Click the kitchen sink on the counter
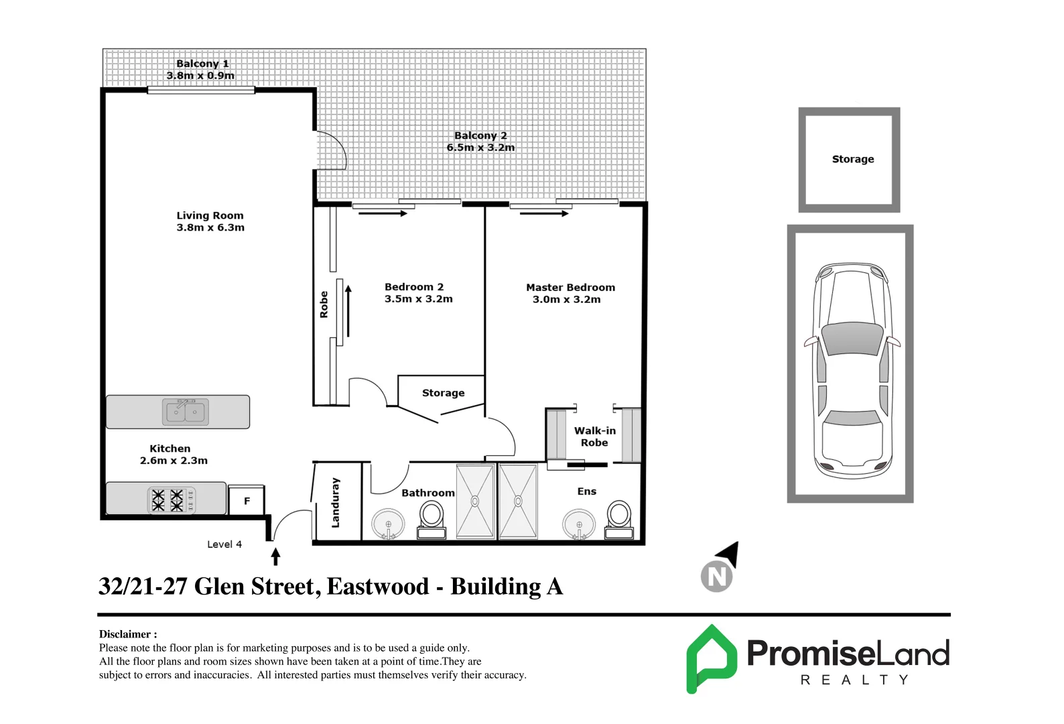186,412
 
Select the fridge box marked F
247,501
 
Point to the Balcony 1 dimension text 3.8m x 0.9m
200,76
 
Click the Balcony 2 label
480,135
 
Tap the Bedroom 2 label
414,287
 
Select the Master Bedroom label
570,288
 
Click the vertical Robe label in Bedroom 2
324,304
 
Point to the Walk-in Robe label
594,436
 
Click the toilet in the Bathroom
431,520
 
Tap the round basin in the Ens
579,524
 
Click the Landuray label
336,503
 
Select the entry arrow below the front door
275,556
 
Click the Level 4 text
224,544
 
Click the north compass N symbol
717,576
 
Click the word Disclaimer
126,634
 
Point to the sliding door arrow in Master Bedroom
543,214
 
